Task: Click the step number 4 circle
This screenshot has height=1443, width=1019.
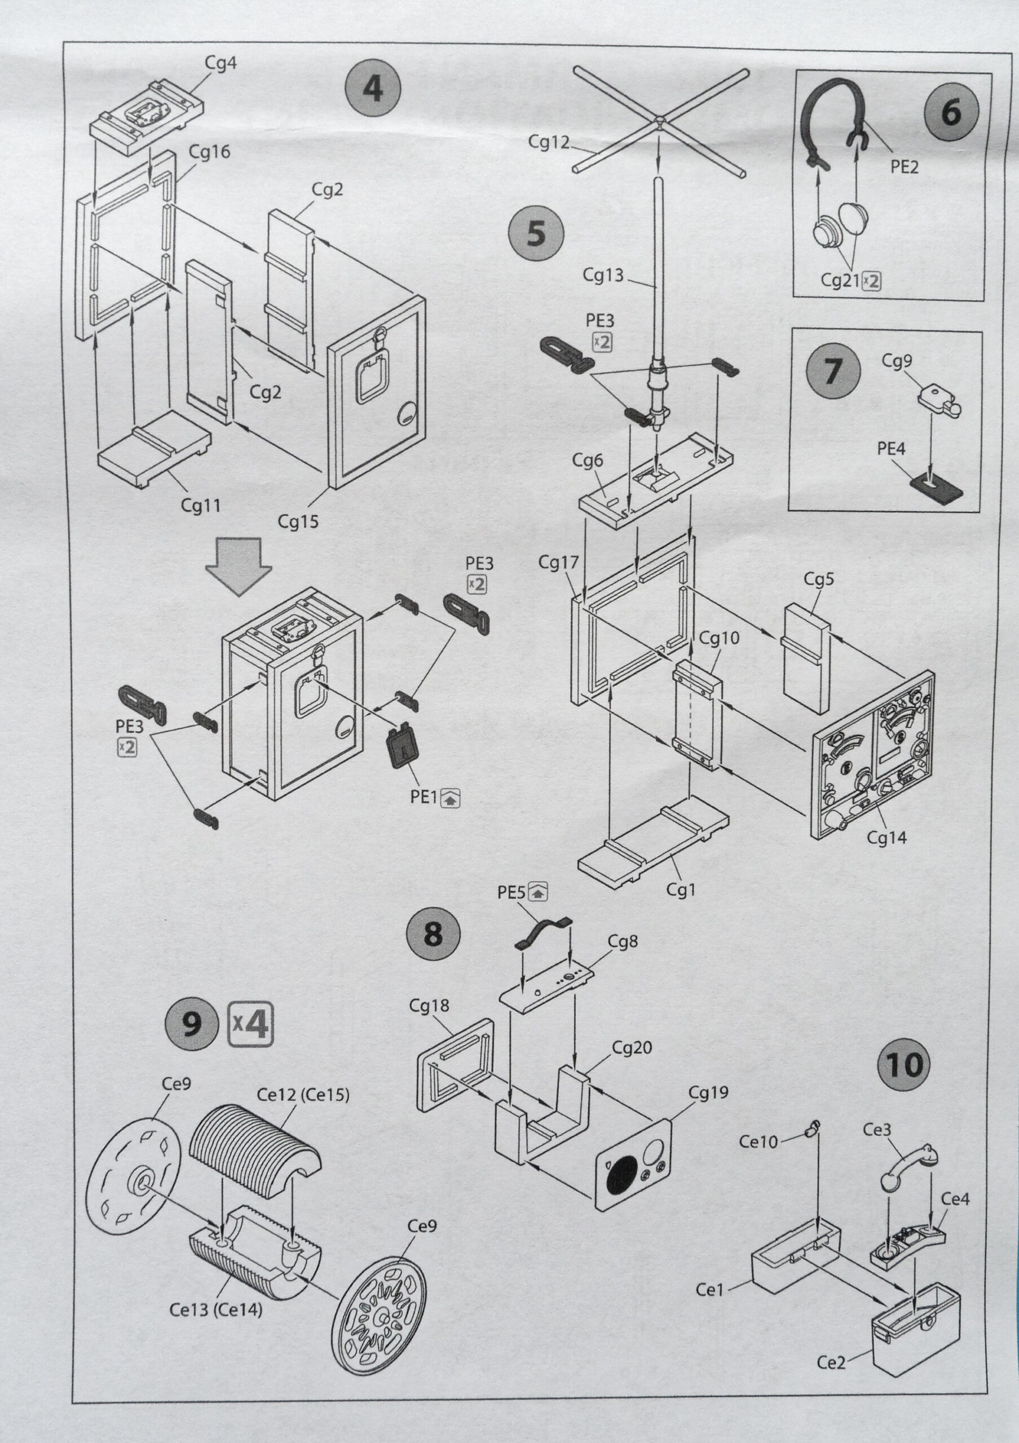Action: pos(373,88)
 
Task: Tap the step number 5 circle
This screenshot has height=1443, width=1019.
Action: pos(536,233)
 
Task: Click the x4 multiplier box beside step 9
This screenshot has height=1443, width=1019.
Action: pos(250,1023)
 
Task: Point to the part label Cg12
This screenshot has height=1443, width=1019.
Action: pos(548,142)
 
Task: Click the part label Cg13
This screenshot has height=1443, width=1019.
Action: pos(603,275)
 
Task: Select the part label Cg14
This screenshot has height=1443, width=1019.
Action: pos(886,836)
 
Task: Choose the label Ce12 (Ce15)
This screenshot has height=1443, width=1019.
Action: pos(303,1094)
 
